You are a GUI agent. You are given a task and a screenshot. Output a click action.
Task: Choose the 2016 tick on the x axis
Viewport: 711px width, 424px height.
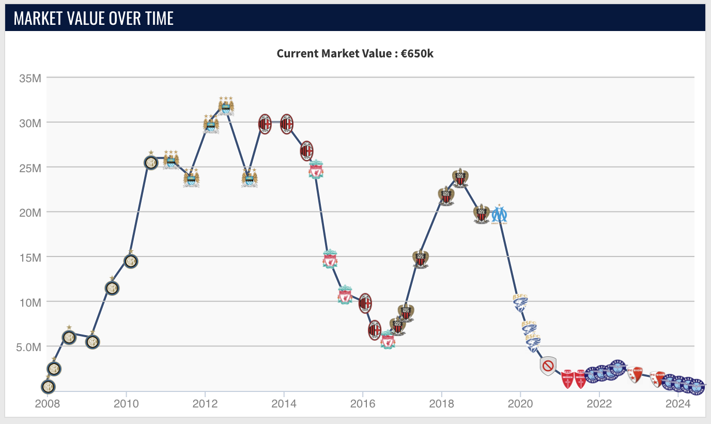(363, 404)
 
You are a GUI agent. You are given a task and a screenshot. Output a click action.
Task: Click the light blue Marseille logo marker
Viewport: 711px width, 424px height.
(499, 214)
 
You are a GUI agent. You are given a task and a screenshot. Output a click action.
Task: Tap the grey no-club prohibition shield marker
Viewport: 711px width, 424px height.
(548, 366)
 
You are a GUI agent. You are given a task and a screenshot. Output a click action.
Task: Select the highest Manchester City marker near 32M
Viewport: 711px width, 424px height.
(226, 106)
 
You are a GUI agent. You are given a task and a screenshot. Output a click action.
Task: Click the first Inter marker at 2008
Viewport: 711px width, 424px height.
(48, 386)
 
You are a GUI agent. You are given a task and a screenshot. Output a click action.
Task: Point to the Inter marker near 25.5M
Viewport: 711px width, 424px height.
(150, 162)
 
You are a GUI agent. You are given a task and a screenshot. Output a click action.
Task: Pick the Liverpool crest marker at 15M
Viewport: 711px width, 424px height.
(330, 259)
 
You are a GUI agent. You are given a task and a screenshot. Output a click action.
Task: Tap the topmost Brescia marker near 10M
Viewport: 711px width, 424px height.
(520, 302)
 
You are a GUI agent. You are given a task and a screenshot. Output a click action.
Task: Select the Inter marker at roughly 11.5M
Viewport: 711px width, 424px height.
(112, 288)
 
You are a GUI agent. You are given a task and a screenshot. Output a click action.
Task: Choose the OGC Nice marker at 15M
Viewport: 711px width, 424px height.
(421, 258)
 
